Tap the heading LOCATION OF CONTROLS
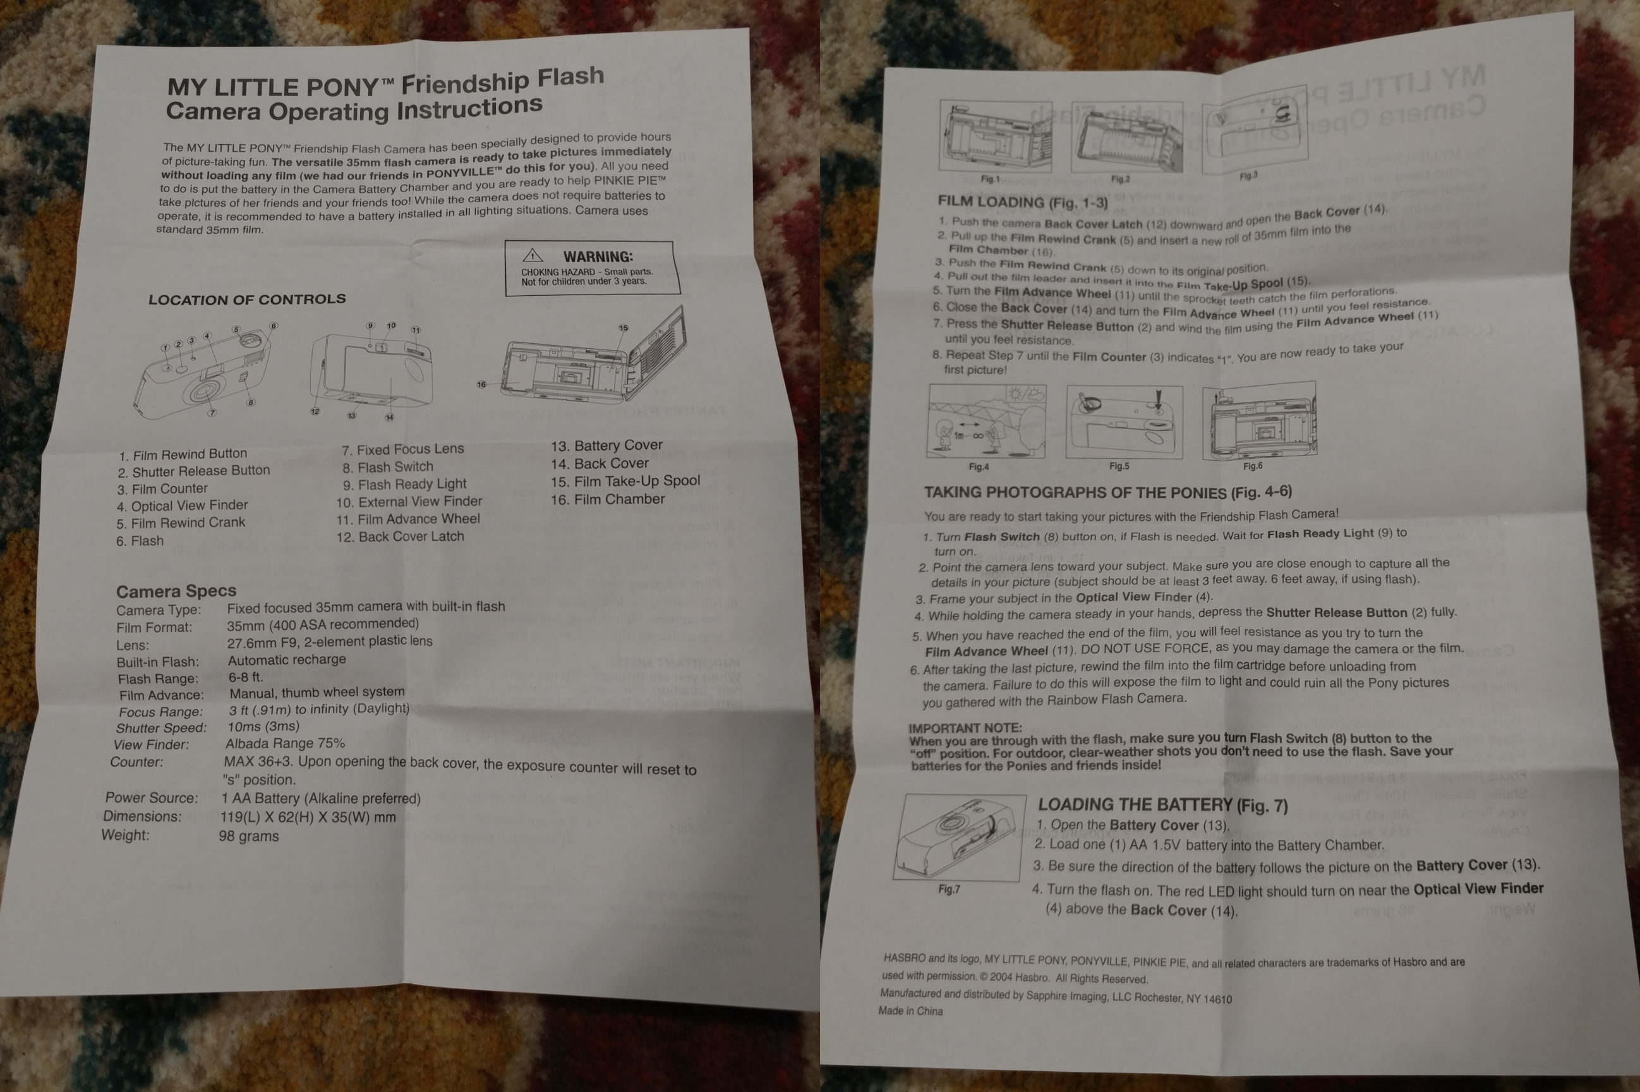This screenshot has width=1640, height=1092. [x=247, y=300]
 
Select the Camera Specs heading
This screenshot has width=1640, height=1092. [x=176, y=591]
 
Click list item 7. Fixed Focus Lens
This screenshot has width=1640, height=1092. [x=402, y=449]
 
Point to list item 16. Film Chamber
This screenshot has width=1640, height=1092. [x=608, y=499]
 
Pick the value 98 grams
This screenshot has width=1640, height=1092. [x=248, y=835]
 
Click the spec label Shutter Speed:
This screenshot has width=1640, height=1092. [x=162, y=728]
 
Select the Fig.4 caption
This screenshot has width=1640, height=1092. [x=979, y=466]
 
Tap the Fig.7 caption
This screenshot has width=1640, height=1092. [x=949, y=889]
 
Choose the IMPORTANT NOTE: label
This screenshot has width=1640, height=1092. [x=965, y=728]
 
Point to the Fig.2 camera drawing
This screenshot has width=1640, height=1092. [x=1126, y=136]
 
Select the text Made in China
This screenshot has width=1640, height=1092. [x=910, y=1011]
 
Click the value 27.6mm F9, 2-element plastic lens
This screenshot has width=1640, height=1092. [x=330, y=641]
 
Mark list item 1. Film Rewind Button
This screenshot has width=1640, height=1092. [x=183, y=455]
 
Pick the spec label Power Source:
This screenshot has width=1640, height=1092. [x=152, y=798]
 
